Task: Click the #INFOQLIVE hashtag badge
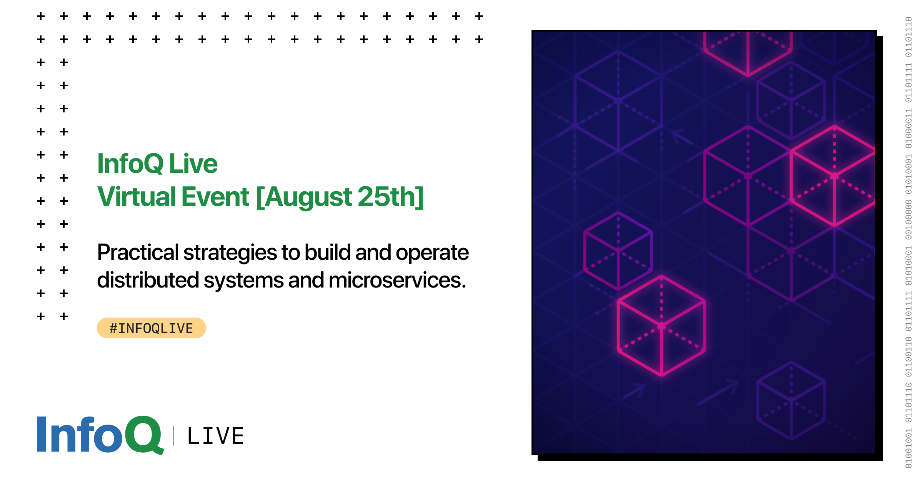[151, 328]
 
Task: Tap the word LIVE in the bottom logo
[216, 436]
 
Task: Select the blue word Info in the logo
[80, 434]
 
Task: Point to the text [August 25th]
[340, 197]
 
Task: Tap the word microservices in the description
[397, 280]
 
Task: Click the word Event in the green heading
[216, 197]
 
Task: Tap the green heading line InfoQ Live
[157, 163]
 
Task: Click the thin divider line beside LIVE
[174, 436]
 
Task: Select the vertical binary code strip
[908, 242]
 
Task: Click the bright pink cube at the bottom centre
[661, 326]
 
